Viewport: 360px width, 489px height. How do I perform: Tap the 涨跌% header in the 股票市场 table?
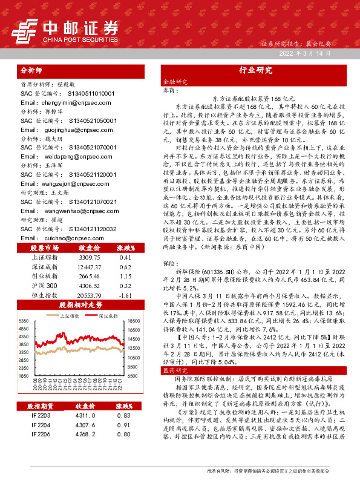[x=125, y=231]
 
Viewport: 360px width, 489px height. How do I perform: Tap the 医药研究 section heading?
[x=172, y=369]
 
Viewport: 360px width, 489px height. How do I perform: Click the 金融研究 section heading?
[x=172, y=81]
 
